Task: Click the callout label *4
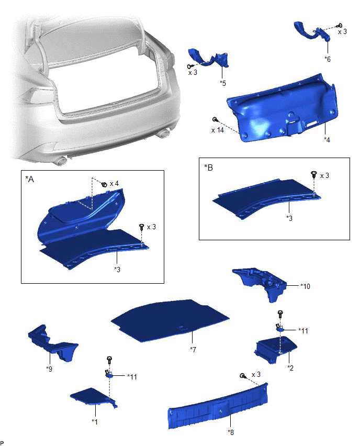tap(327, 140)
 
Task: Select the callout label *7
tap(193, 349)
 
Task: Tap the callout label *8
tap(231, 432)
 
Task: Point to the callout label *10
tap(305, 286)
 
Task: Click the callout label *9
tap(49, 369)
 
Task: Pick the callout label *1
tap(95, 421)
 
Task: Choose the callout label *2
tap(290, 368)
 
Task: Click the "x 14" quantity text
tap(218, 130)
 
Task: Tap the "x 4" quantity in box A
tap(114, 184)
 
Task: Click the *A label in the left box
tap(30, 179)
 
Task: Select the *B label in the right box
tap(208, 168)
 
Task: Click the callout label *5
tap(223, 83)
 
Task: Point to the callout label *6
tap(328, 59)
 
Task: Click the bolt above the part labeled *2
tap(280, 314)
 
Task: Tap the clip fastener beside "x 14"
tap(215, 119)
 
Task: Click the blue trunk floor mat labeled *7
tap(170, 320)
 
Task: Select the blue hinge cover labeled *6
tap(312, 32)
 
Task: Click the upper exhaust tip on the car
tap(163, 133)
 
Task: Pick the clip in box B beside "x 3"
tap(314, 174)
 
